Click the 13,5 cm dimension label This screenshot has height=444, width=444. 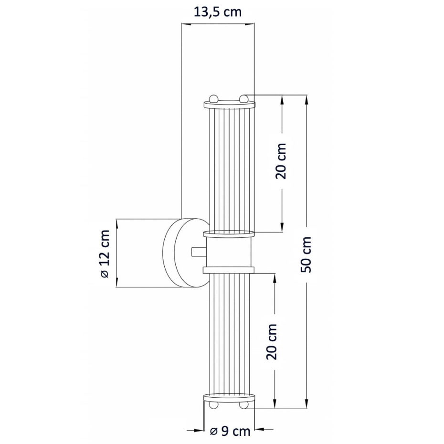(x=218, y=12)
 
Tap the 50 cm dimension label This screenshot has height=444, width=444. (x=306, y=255)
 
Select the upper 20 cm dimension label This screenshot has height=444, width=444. (x=281, y=161)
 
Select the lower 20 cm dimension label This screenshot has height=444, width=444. (x=271, y=342)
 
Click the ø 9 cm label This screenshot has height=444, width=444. (x=230, y=432)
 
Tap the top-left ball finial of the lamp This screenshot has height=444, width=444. (x=213, y=98)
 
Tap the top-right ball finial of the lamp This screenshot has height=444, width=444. (x=243, y=98)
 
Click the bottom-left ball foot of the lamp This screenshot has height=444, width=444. (x=213, y=405)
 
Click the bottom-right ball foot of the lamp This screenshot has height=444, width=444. (x=243, y=405)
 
